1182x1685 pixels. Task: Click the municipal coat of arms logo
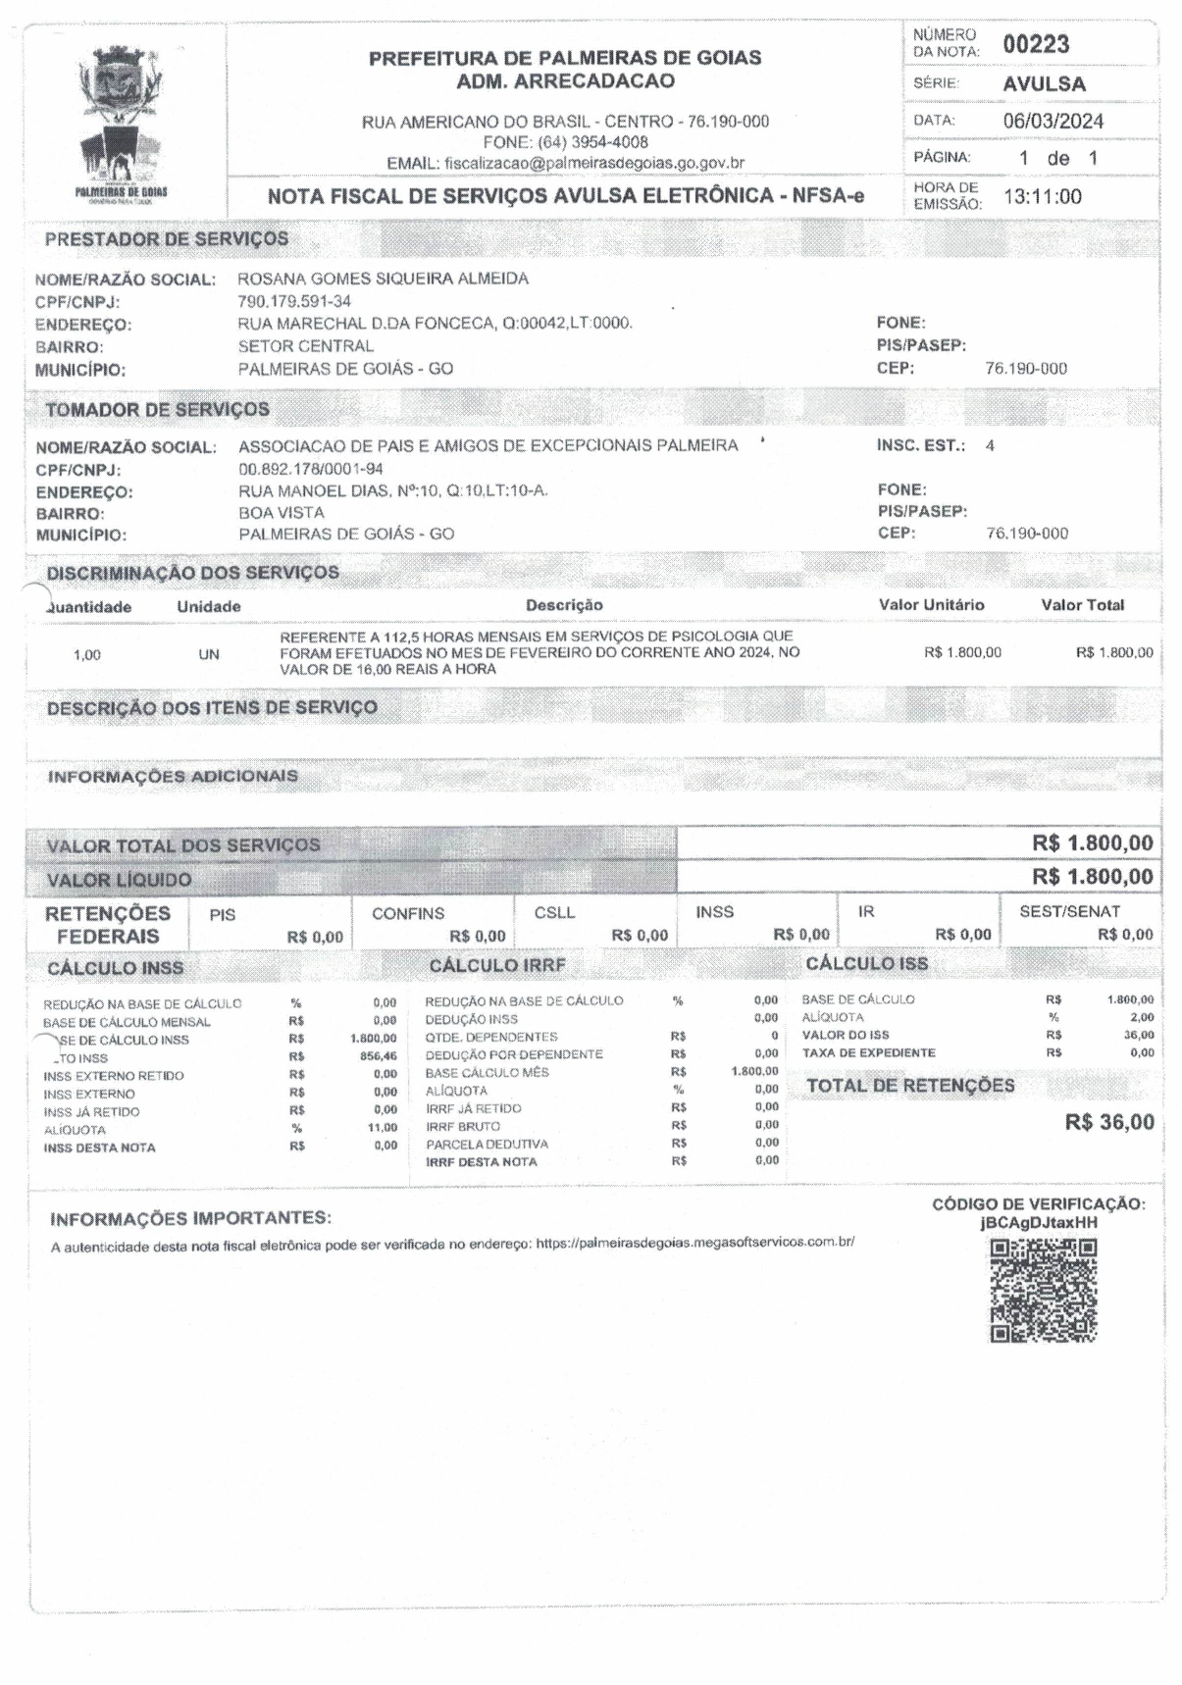(x=122, y=121)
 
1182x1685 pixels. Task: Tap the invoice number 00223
(x=1036, y=44)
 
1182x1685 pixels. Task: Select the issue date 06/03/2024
(x=1053, y=122)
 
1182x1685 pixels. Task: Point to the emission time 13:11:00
(x=1042, y=197)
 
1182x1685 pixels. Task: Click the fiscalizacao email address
(x=593, y=163)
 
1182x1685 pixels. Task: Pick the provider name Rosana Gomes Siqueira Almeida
(x=383, y=279)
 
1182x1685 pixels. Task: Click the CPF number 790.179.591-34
(x=294, y=301)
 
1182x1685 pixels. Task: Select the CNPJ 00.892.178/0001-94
(x=311, y=469)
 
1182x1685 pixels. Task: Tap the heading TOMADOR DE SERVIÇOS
(x=157, y=409)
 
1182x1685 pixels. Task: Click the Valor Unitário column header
(x=931, y=605)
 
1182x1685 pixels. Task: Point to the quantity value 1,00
(x=87, y=655)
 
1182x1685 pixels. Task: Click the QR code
(x=1043, y=1290)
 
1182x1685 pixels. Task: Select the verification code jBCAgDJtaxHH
(x=1039, y=1223)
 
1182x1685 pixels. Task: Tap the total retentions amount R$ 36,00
(x=1109, y=1123)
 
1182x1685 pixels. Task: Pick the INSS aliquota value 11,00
(x=382, y=1128)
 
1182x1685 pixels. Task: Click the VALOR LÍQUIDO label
(x=120, y=880)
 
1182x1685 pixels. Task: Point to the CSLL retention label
(x=554, y=913)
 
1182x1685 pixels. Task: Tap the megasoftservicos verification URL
(x=694, y=1243)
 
